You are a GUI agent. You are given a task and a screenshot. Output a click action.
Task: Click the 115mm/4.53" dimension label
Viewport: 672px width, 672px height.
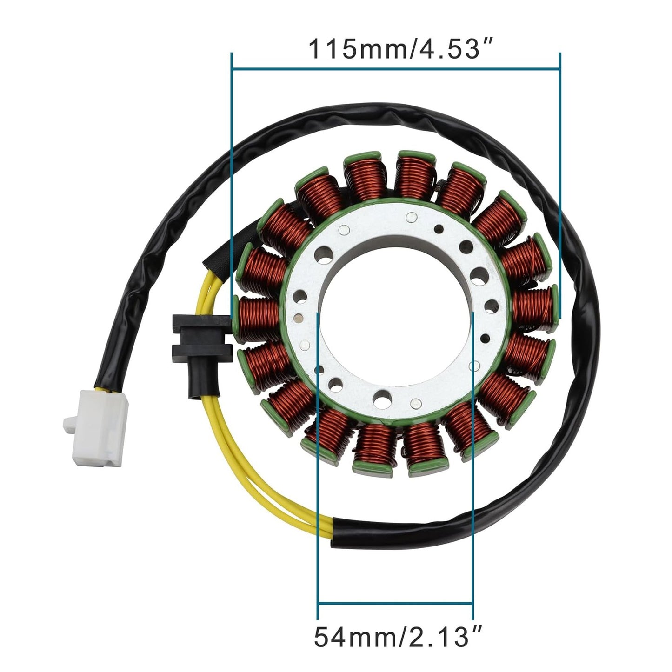(x=394, y=49)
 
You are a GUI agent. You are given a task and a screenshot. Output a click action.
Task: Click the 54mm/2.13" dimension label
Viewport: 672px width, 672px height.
(x=398, y=637)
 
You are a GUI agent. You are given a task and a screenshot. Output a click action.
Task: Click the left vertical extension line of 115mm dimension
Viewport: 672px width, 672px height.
(x=232, y=186)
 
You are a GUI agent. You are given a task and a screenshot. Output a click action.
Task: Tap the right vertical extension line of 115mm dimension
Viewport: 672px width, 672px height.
(x=559, y=186)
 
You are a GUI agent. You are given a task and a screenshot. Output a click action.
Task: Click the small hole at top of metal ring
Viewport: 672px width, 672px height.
(x=411, y=215)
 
